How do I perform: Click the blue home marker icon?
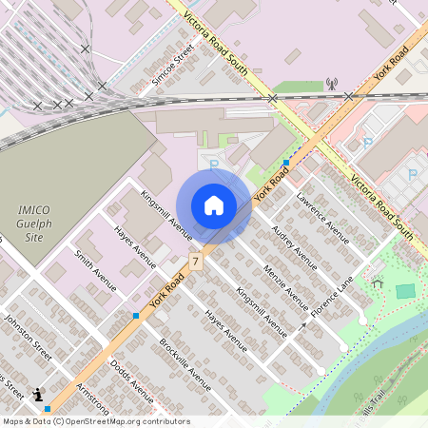214,204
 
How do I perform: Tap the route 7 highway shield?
195,261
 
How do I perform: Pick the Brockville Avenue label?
185,363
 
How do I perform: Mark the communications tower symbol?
331,84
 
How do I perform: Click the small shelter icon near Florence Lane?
378,282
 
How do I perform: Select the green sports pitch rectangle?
406,291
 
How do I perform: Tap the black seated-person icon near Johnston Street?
38,394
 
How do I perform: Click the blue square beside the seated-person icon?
47,409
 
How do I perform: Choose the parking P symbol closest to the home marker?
213,165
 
